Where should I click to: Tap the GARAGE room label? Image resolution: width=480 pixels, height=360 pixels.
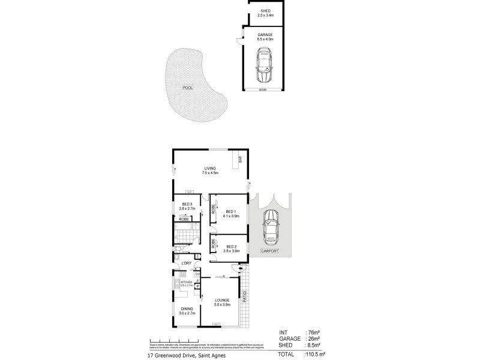[265, 35]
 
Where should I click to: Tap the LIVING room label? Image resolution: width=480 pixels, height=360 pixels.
[209, 169]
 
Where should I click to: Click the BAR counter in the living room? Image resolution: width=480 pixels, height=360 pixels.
[240, 160]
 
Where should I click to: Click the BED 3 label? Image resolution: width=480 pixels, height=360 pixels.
[187, 205]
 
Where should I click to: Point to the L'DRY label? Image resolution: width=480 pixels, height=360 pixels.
[186, 263]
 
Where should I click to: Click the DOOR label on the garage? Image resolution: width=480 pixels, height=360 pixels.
[262, 89]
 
